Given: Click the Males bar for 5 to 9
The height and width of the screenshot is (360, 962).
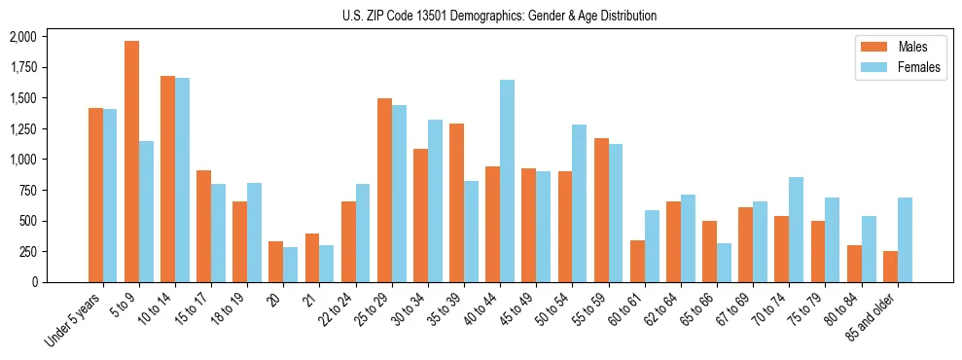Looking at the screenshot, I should point(131,162).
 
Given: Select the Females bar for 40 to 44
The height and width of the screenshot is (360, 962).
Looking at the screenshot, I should point(507,181).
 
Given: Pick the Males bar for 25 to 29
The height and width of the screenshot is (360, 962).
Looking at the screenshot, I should point(384,190).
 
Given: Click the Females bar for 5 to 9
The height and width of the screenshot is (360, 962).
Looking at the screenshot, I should point(146,211).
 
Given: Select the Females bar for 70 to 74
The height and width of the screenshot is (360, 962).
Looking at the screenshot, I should point(796,230).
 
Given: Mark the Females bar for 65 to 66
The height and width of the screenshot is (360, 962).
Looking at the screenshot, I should point(724,263).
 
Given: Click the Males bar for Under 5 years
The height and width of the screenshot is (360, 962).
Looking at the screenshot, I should point(95,195).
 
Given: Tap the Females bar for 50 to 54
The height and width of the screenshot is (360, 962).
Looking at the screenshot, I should point(579,203).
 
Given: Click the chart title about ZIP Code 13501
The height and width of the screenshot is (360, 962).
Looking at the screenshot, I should point(499,16).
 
